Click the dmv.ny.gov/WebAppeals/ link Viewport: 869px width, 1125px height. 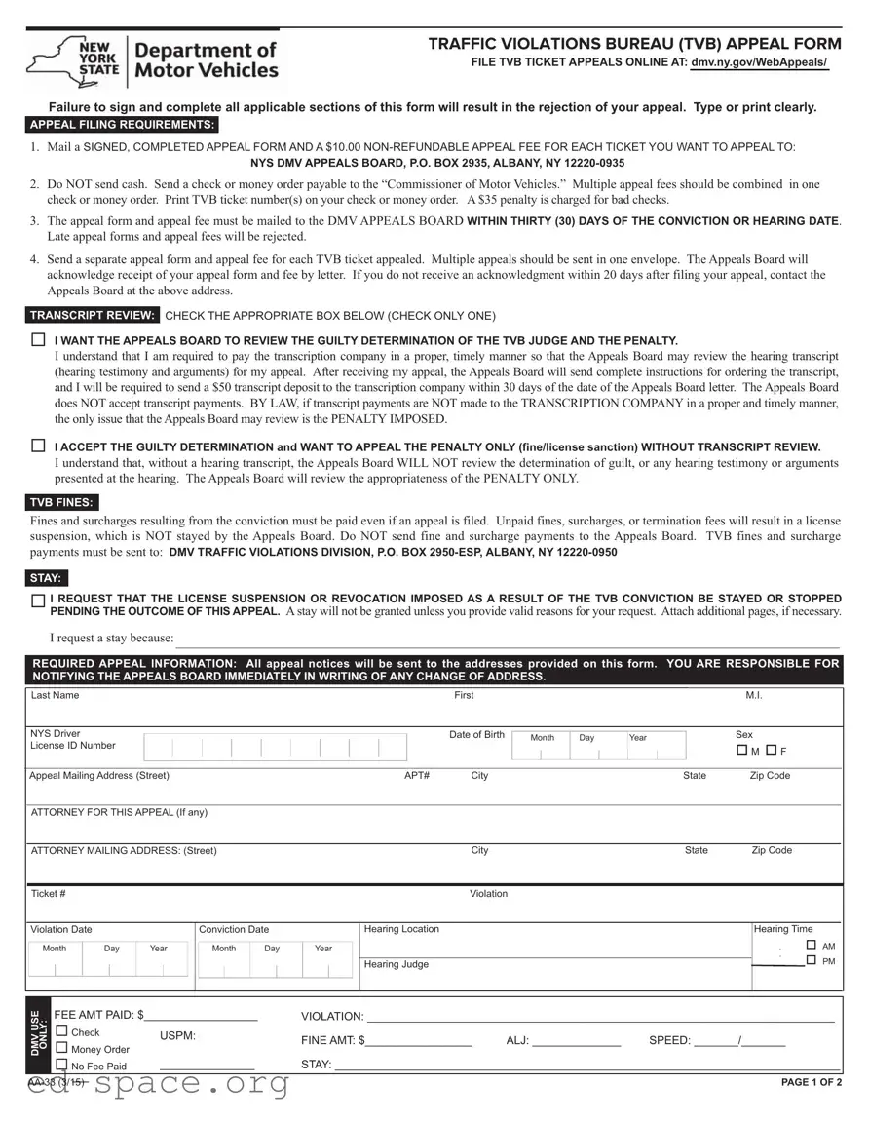pyautogui.click(x=760, y=63)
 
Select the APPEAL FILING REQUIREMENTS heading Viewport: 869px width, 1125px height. pyautogui.click(x=122, y=125)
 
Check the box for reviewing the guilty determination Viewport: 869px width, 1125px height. pyautogui.click(x=38, y=340)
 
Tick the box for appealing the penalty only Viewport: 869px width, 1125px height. pyautogui.click(x=38, y=446)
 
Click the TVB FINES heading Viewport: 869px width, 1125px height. pyautogui.click(x=61, y=503)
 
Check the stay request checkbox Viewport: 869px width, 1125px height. pyautogui.click(x=38, y=601)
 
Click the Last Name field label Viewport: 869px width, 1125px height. pyautogui.click(x=55, y=695)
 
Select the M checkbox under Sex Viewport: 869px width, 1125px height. pyautogui.click(x=742, y=751)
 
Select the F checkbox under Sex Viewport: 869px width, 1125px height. pyautogui.click(x=771, y=751)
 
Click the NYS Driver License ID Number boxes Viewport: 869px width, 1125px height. pyautogui.click(x=275, y=748)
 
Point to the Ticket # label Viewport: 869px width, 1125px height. pyautogui.click(x=49, y=894)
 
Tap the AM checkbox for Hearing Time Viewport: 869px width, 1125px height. pyautogui.click(x=812, y=946)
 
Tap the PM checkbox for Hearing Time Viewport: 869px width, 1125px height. pyautogui.click(x=812, y=960)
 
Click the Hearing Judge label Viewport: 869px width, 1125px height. pyautogui.click(x=396, y=964)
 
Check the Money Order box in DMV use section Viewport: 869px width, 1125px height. pyautogui.click(x=62, y=1048)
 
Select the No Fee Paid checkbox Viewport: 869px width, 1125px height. pyautogui.click(x=62, y=1065)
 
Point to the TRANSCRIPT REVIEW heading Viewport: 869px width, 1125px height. pyautogui.click(x=93, y=316)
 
